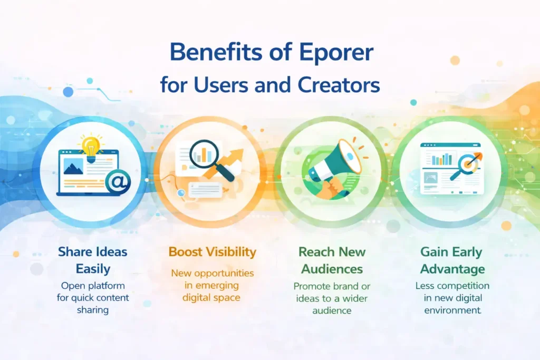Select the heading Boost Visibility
(x=212, y=251)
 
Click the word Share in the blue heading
(x=76, y=251)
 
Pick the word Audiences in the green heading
(x=331, y=269)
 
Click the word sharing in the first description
(x=92, y=310)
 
